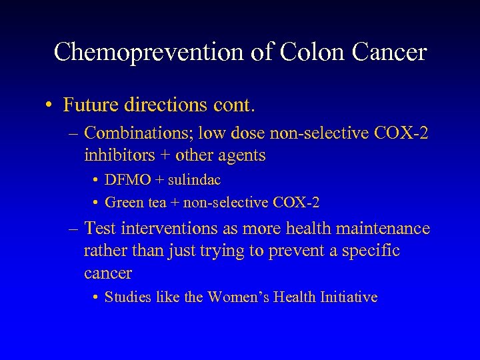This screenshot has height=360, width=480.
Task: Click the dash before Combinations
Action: [73, 134]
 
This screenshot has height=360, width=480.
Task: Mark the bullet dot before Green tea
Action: [97, 201]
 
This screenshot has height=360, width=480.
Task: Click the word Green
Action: [123, 201]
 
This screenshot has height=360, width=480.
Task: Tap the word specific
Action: [371, 251]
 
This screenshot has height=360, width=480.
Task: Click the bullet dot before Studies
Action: [97, 297]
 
